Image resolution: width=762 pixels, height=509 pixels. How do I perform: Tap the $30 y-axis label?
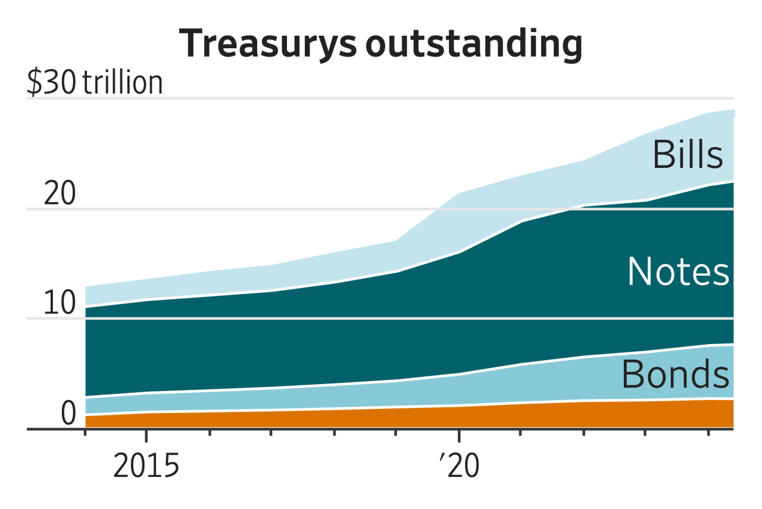click(x=51, y=83)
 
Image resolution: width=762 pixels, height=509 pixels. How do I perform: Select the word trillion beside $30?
click(x=123, y=83)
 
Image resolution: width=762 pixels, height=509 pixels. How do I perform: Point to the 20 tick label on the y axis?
click(x=60, y=195)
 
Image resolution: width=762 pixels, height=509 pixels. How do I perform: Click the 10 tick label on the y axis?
click(x=60, y=304)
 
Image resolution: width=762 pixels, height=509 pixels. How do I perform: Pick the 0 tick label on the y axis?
click(x=68, y=414)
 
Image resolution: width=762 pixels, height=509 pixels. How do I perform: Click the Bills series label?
click(x=688, y=155)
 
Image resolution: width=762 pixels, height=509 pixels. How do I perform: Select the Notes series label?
click(x=678, y=271)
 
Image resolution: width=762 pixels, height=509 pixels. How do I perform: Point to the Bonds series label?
click(x=675, y=375)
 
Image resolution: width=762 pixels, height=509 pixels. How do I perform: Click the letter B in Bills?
click(x=663, y=155)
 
